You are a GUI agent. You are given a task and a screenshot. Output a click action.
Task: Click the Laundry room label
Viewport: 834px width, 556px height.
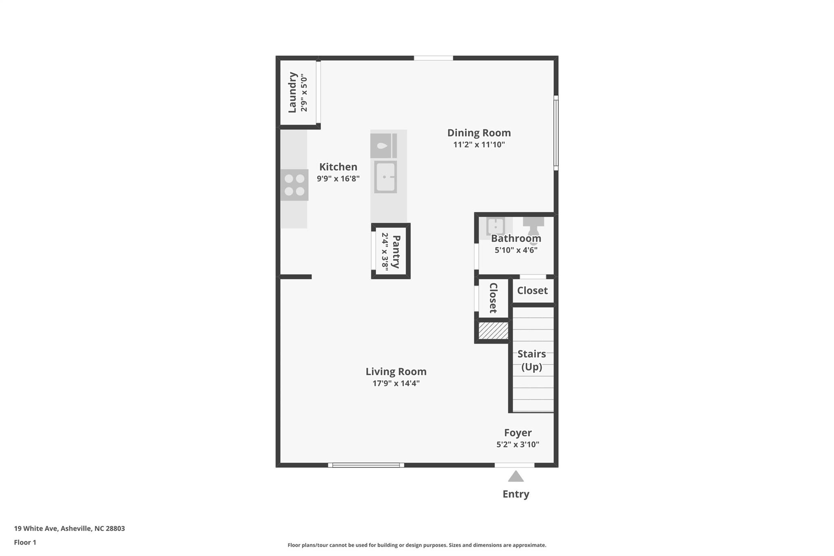click(x=292, y=92)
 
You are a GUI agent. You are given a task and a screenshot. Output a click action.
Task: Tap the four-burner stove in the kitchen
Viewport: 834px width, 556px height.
click(x=294, y=185)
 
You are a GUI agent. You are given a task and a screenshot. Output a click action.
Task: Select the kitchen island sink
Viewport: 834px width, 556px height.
click(x=385, y=177)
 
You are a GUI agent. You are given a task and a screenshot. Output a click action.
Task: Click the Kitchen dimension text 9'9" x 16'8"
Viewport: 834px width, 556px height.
click(x=338, y=178)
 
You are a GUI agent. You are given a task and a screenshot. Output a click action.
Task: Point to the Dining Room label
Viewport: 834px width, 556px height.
click(x=479, y=133)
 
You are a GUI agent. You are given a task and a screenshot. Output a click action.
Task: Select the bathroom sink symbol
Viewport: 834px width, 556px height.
click(x=495, y=226)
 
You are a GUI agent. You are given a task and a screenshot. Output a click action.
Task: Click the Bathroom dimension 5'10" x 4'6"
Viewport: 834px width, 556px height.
click(x=516, y=250)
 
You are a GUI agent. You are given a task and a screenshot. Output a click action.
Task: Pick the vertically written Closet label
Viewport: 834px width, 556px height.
click(x=493, y=298)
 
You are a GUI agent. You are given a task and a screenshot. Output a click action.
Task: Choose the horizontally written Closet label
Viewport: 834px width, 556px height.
click(x=532, y=290)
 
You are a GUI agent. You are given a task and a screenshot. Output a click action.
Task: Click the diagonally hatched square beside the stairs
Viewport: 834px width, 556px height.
click(x=493, y=330)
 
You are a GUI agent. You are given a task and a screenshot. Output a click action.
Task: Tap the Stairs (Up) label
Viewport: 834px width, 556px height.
click(x=531, y=360)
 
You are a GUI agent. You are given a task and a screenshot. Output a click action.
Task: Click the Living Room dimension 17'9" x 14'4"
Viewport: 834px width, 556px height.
click(x=396, y=383)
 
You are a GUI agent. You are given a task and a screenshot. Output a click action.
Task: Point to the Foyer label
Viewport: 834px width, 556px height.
click(x=518, y=433)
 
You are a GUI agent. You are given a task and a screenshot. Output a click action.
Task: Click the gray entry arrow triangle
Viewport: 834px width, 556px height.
click(x=516, y=477)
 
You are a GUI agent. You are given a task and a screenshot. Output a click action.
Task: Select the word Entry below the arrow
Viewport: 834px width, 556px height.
click(x=516, y=494)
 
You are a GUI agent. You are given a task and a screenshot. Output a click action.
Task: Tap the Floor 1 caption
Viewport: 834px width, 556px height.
click(x=25, y=542)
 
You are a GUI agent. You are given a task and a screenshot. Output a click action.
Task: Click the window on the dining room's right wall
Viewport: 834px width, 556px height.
click(x=556, y=133)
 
